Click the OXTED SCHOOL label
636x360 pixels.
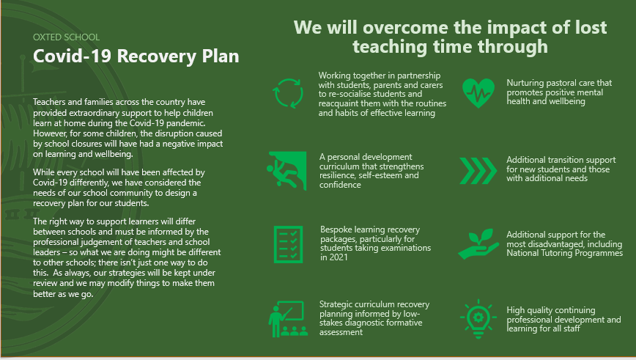tap(66, 37)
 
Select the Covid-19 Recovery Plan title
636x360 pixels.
tap(136, 56)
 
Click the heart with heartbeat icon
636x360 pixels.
tap(478, 93)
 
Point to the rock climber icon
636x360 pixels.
tap(286, 170)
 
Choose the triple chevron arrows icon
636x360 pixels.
tap(478, 170)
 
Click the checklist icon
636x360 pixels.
tap(289, 244)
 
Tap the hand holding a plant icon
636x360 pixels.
tap(478, 244)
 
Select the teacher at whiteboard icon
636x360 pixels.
tap(288, 319)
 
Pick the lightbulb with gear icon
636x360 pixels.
tap(478, 319)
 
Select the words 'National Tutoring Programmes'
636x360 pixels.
tap(565, 253)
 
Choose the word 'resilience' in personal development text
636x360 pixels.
tap(336, 175)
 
